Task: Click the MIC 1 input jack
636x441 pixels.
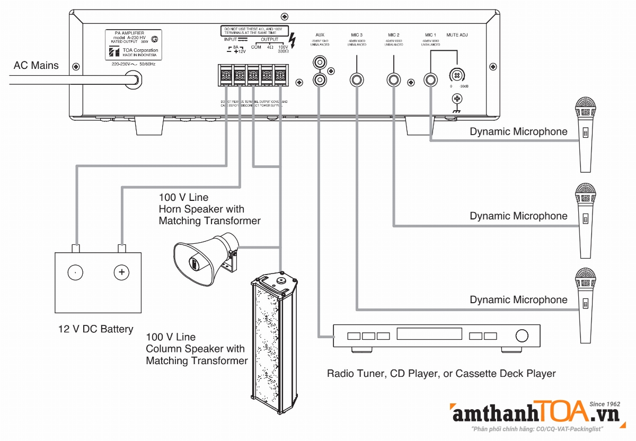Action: coord(431,80)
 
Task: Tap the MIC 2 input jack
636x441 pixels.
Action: coord(394,80)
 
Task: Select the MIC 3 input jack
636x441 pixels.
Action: coord(357,80)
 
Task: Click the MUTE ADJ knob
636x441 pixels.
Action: coord(455,75)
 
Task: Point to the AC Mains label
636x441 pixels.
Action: coord(37,65)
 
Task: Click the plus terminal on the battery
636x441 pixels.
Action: coord(122,272)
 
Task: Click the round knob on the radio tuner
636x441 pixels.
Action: coord(522,336)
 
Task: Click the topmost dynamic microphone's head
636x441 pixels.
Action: coord(586,109)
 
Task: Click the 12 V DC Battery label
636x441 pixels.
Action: coord(96,329)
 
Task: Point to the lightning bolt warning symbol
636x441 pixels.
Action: coord(295,39)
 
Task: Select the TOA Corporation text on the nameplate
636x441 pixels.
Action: coord(138,50)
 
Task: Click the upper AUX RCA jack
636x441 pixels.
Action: coord(320,63)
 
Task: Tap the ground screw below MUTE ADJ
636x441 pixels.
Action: coord(456,99)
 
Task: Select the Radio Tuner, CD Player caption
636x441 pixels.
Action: coord(441,374)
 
